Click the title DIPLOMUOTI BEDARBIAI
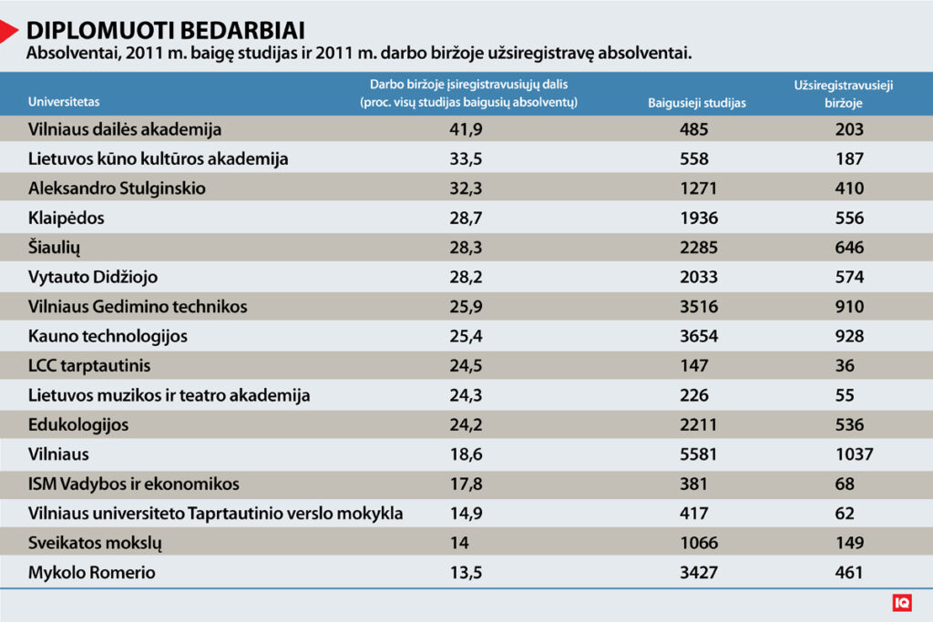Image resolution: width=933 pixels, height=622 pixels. pos(166,30)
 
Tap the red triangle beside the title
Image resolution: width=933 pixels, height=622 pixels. pos(8,31)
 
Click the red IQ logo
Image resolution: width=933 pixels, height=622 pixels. pos(902,602)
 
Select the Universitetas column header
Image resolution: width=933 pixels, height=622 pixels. pos(64,102)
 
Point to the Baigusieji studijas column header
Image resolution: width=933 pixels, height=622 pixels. pos(697,103)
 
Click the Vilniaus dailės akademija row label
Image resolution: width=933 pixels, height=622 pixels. pos(124,129)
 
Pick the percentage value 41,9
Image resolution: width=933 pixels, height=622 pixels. pos(466,129)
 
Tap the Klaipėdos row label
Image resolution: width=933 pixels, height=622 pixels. pos(66,218)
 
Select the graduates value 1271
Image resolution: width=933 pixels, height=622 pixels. pos(699,189)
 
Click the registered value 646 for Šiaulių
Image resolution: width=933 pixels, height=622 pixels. pos(849,248)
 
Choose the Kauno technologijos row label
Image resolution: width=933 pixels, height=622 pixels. pos(108,337)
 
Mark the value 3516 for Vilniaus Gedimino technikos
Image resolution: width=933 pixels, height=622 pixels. pos(699,307)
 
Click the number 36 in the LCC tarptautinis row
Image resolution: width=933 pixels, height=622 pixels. pos(845,366)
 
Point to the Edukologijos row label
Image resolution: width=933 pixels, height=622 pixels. pos(78,425)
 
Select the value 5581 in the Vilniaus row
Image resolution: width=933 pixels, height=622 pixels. pos(699,454)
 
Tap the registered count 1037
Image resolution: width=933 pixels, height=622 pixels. pos(854,454)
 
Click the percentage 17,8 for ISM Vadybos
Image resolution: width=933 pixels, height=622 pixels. pos(466,484)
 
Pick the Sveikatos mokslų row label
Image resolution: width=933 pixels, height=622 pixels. pos(95,543)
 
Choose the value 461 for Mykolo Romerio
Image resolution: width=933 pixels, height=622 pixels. pos(848,573)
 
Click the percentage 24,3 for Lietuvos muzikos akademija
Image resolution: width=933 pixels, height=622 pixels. pos(466,395)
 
